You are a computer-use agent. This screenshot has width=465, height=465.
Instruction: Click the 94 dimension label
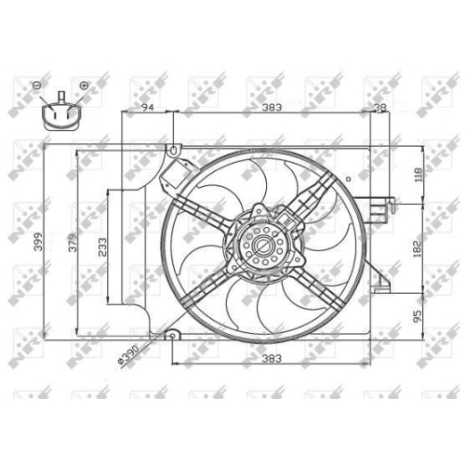tap(148, 107)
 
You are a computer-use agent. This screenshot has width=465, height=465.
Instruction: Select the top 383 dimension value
tap(272, 107)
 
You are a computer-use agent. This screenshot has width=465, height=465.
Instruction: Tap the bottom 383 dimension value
tap(272, 358)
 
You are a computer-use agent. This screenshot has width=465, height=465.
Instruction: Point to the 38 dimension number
tap(380, 107)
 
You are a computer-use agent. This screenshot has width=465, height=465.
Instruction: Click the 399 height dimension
tap(38, 242)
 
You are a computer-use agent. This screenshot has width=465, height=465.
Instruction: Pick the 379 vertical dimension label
tap(73, 243)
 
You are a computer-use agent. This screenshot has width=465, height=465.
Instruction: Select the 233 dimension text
tap(102, 247)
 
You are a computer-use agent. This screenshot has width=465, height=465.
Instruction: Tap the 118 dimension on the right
tap(418, 175)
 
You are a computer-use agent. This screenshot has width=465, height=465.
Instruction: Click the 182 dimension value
tap(418, 248)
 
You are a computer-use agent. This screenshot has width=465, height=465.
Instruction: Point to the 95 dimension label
tap(418, 316)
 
